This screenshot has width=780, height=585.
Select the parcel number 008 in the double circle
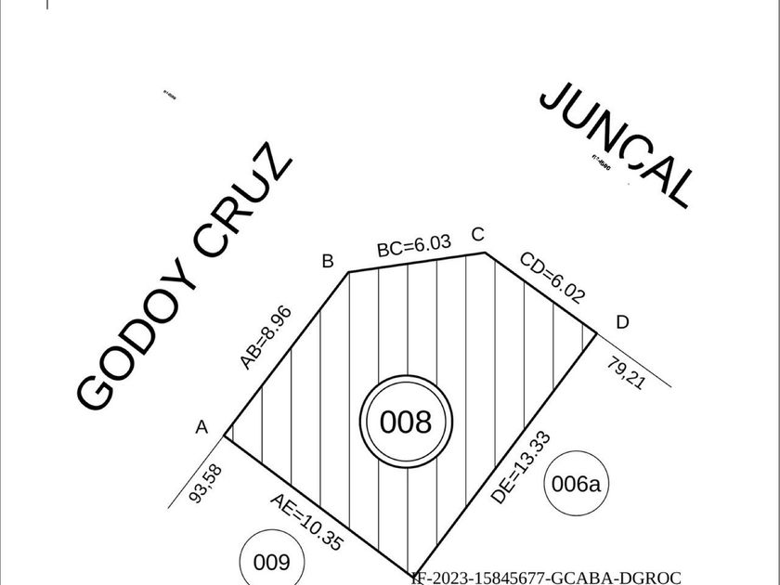[406, 422]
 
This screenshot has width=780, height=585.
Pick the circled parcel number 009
[271, 562]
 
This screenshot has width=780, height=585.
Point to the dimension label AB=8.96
[266, 337]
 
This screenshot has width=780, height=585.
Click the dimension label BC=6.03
[414, 246]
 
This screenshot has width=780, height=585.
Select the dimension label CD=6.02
[552, 278]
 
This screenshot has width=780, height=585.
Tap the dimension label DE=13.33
[521, 468]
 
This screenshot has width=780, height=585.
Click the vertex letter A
[201, 427]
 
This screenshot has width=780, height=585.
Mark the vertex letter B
[327, 261]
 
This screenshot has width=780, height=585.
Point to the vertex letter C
[478, 234]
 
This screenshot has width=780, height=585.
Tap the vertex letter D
[622, 322]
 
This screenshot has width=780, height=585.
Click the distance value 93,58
[206, 484]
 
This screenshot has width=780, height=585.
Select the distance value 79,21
[626, 372]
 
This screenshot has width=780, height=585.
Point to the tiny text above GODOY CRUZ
[170, 94]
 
